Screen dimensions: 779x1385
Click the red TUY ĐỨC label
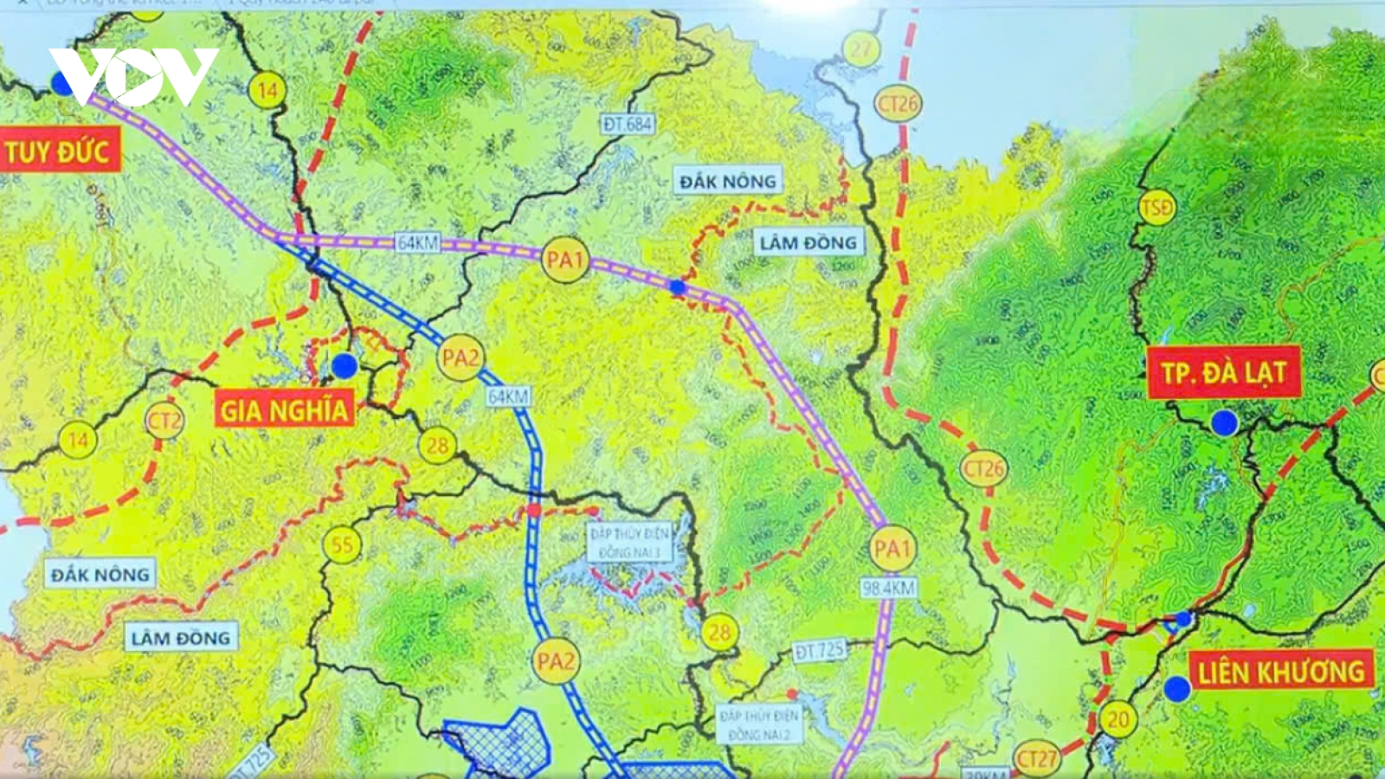point(57,152)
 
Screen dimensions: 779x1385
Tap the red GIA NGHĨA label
point(284,409)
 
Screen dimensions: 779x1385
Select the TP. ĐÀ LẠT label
point(1223,373)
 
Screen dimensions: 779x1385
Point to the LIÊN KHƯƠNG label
point(1280,672)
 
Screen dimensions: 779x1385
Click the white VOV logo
point(134,76)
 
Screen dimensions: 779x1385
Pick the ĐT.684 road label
point(628,125)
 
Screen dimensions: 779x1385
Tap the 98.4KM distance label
point(888,589)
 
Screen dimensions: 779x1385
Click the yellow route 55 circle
point(342,545)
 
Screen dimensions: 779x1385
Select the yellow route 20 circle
point(1118,719)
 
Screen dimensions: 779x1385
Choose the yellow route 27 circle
point(861,49)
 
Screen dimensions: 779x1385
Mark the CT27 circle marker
point(1036,759)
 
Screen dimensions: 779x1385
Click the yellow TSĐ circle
point(1156,208)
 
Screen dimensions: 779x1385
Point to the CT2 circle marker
point(164,422)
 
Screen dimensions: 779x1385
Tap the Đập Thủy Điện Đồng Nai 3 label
point(629,543)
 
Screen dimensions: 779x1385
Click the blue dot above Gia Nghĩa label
point(344,366)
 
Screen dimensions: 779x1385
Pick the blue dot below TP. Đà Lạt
point(1224,423)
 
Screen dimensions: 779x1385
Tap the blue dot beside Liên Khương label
point(1176,689)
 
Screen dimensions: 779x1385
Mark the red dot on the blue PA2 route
point(534,510)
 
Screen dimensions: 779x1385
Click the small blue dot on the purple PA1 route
point(677,286)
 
